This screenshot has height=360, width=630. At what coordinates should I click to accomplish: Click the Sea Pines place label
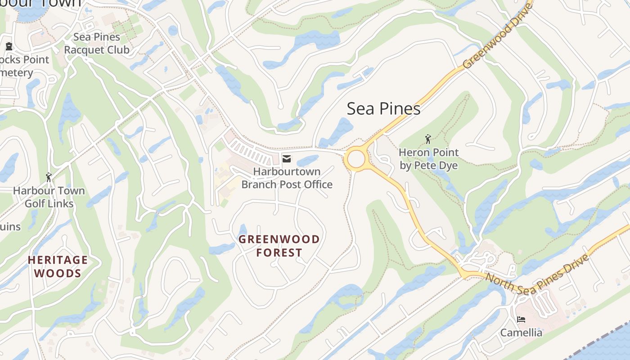[x=383, y=109]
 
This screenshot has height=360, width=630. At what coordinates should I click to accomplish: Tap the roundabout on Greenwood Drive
[x=355, y=159]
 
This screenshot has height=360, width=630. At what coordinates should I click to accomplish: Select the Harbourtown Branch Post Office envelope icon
[x=287, y=158]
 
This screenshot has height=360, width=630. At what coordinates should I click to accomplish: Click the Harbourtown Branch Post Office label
[x=287, y=178]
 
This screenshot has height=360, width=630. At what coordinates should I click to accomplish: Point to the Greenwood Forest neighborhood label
[x=279, y=246]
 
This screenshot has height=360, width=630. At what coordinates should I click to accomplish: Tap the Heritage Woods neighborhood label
[x=58, y=266]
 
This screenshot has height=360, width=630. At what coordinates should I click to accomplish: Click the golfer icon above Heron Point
[x=428, y=139]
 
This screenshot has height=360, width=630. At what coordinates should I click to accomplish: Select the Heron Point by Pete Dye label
[x=428, y=159]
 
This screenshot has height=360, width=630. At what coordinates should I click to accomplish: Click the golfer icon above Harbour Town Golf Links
[x=49, y=177]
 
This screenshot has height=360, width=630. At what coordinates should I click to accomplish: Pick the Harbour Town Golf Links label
[x=49, y=197]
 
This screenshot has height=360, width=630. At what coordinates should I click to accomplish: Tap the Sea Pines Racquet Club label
[x=96, y=43]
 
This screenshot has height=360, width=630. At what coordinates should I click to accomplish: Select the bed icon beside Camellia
[x=521, y=319]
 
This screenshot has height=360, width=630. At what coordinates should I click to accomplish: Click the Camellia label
[x=521, y=333]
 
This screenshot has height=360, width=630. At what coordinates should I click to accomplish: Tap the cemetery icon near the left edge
[x=9, y=46]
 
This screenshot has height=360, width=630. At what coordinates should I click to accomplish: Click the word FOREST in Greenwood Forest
[x=279, y=252]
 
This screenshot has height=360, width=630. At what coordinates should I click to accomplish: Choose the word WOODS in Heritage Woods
[x=58, y=273]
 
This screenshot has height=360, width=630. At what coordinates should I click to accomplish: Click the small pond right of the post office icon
[x=307, y=161]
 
